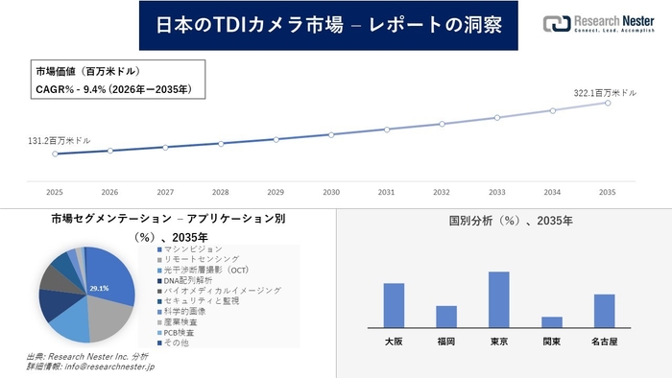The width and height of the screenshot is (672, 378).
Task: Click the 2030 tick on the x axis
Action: click(x=331, y=192)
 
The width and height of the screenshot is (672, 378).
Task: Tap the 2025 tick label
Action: click(x=55, y=192)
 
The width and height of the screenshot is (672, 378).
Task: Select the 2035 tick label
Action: click(x=608, y=192)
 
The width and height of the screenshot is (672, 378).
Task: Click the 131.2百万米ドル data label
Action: click(x=60, y=140)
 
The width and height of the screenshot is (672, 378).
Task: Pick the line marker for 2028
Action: click(x=221, y=143)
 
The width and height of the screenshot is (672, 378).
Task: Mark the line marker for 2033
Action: click(x=497, y=118)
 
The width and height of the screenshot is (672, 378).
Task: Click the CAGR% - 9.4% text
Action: click(x=113, y=89)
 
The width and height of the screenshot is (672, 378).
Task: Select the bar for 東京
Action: click(x=498, y=299)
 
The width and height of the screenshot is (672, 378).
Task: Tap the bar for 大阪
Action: click(x=394, y=305)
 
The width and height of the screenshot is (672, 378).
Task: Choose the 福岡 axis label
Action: click(x=445, y=341)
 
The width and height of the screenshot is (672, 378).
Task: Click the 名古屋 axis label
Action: click(x=604, y=341)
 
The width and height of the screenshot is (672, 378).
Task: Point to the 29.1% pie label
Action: click(x=99, y=287)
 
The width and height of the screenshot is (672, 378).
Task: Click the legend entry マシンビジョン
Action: click(x=195, y=249)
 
